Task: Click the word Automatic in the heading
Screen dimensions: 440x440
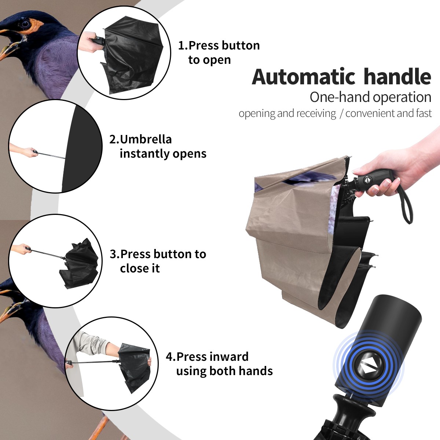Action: pos(304,77)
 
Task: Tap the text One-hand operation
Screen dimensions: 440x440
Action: pos(370,97)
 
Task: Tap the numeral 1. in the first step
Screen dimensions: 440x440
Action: pos(183,45)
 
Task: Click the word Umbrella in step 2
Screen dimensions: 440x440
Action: pos(146,139)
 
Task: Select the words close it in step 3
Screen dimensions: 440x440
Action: pos(140,268)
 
